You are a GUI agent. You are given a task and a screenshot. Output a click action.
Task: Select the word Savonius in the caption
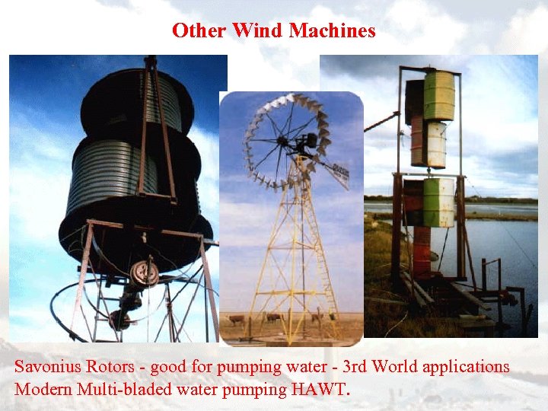46,367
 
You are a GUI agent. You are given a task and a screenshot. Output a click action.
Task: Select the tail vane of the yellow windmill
336,174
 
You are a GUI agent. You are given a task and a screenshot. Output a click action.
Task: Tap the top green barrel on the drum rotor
438,96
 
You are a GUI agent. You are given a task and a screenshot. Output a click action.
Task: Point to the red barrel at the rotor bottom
421,251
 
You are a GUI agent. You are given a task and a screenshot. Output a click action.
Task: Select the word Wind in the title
256,30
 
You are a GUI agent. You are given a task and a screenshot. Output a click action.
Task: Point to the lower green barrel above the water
438,202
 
